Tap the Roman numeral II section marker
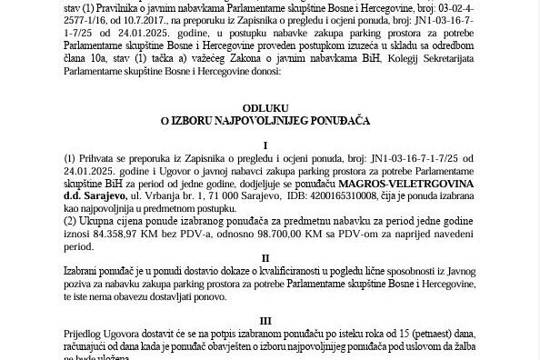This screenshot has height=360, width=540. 265,258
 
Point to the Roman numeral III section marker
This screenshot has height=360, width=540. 265,321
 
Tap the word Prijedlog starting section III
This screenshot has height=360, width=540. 86,335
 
